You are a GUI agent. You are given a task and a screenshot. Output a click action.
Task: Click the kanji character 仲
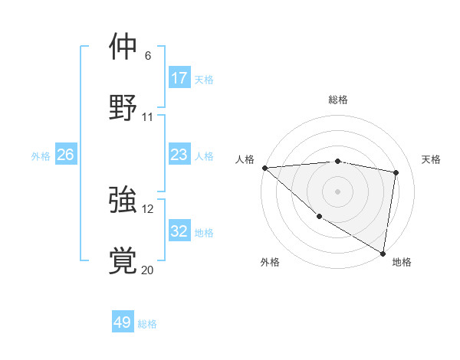123,47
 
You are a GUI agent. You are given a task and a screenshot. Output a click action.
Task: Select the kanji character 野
123,107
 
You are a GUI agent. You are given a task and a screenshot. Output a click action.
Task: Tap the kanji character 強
123,201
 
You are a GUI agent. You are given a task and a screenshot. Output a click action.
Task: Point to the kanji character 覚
123,261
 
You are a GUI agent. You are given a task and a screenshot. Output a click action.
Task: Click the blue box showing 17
179,78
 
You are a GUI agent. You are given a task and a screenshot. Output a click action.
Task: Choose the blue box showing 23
179,155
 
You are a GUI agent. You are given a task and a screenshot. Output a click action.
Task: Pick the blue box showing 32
179,231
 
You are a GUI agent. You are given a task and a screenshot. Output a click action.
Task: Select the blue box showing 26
65,155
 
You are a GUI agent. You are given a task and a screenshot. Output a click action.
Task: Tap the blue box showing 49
123,322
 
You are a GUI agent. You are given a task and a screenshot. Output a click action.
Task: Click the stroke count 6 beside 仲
148,56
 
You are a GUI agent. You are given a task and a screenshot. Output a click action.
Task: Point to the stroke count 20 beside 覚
147,270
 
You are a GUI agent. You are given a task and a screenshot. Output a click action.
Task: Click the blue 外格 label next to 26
41,155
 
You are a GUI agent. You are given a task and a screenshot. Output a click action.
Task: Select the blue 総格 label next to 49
147,323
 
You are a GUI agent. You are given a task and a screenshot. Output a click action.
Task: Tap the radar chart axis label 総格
338,100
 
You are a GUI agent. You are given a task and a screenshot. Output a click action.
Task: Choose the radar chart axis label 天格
432,159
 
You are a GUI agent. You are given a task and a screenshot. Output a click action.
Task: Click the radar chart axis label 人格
245,159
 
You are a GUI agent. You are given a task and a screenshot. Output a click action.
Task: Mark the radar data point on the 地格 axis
383,253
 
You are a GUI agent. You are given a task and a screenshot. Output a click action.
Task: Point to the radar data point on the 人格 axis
264,168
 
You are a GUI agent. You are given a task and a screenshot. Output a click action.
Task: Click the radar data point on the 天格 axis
396,172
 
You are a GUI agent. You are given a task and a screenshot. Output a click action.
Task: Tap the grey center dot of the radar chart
338,191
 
